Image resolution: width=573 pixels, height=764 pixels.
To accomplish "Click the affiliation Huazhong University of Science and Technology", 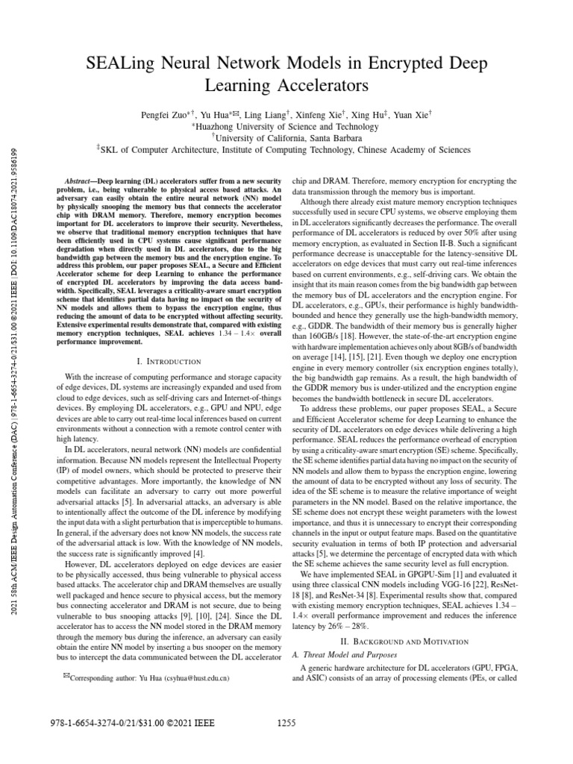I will (x=287, y=127).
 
